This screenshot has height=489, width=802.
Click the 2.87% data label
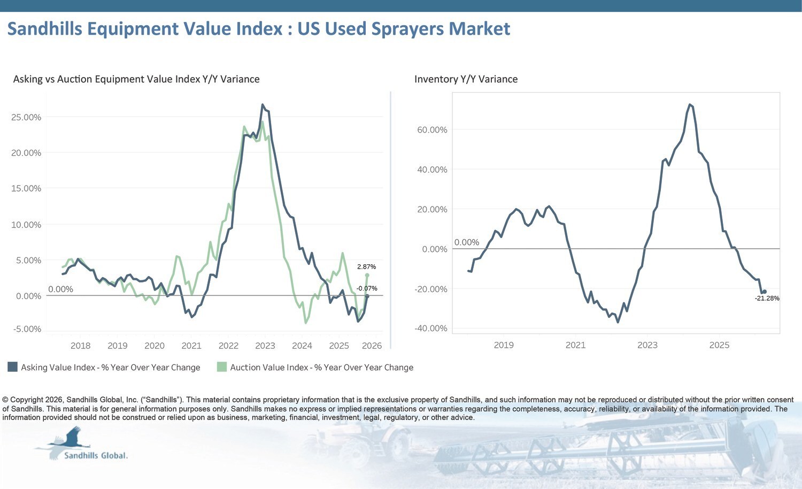[x=366, y=266]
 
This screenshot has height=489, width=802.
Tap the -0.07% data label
[x=367, y=288]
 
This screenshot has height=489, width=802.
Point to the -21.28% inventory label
[x=767, y=298]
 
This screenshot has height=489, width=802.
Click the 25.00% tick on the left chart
[x=26, y=117]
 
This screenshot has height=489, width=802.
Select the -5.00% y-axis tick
[x=27, y=329]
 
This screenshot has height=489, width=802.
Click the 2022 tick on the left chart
[x=228, y=346]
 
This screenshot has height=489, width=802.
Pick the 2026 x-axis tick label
[x=372, y=346]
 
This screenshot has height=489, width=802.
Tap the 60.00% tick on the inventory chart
[x=432, y=129]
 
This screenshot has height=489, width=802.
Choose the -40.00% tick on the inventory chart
[x=431, y=328]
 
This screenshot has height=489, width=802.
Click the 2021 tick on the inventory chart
[x=575, y=345]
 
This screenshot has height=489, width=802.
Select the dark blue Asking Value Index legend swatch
[x=12, y=367]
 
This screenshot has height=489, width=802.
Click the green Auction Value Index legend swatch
[x=222, y=367]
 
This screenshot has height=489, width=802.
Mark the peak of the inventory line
[x=690, y=105]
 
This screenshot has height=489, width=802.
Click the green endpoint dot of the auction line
[x=367, y=275]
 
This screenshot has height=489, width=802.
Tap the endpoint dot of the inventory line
[x=765, y=292]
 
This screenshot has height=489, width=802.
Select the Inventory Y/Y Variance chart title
[x=466, y=79]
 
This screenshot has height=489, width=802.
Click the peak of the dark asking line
[x=263, y=105]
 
